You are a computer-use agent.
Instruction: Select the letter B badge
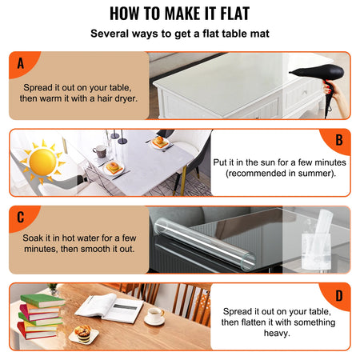[338, 141]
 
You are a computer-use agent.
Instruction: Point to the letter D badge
[338, 294]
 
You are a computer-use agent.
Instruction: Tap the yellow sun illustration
[43, 161]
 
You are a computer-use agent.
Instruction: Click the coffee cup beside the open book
[155, 315]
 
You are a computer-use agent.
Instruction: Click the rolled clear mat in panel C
[200, 241]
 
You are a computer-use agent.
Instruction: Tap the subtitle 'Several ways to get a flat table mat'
[180, 34]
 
